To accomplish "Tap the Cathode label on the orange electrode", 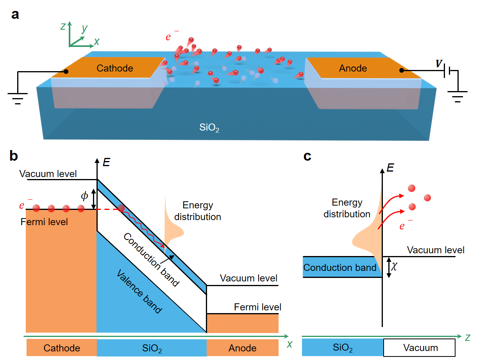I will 115,68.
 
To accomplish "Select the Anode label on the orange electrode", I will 353,68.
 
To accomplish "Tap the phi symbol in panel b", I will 84,196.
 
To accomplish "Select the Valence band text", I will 139,291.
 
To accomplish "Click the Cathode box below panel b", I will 61,348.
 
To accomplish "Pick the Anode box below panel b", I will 242,348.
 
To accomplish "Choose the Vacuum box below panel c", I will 420,348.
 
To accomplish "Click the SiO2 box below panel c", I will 343,348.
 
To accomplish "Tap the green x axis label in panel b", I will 290,344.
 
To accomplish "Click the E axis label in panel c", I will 390,168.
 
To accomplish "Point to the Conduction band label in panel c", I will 340,268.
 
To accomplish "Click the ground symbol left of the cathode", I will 18,98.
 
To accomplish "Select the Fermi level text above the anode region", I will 257,307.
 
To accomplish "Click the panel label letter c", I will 307,156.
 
